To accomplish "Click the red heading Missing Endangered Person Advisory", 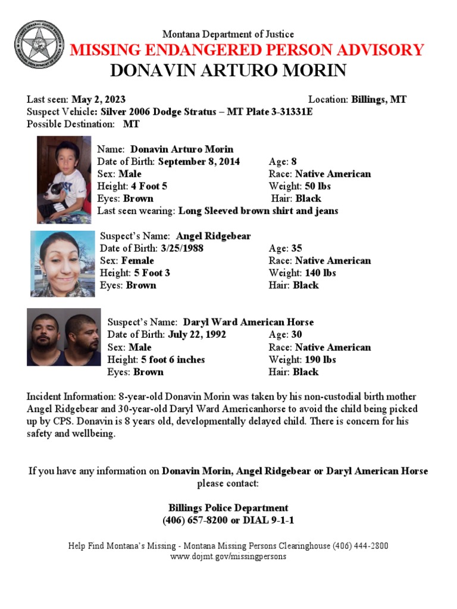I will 247,50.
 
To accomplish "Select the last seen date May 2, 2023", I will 98,99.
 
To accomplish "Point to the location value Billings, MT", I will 379,99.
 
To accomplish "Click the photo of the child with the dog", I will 64,180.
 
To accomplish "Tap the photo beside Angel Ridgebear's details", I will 62,263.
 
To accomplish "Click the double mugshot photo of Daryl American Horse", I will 64,337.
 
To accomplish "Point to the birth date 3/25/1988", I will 181,248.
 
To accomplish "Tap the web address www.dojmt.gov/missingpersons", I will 228,557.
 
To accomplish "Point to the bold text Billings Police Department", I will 228,508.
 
